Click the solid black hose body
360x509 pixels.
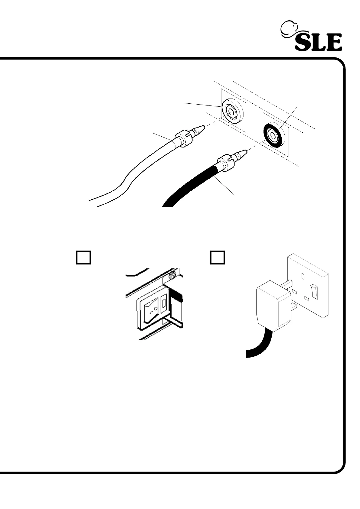point(194,184)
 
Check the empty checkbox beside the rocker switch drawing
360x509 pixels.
point(83,257)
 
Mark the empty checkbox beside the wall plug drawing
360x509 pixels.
point(218,257)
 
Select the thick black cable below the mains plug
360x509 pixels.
point(257,348)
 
